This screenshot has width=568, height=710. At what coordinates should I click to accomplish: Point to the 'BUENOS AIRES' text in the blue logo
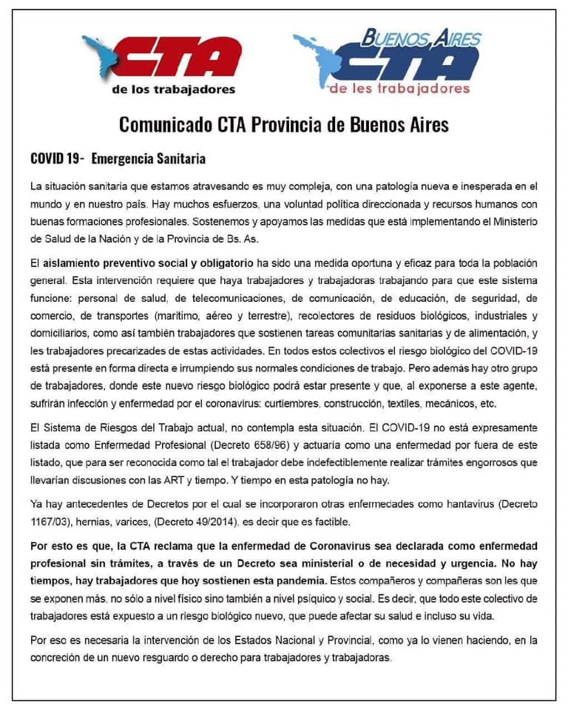click(x=421, y=37)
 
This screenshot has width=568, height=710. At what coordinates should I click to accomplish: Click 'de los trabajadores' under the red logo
click(x=173, y=90)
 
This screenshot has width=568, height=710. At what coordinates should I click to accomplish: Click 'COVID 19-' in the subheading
click(x=57, y=159)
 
